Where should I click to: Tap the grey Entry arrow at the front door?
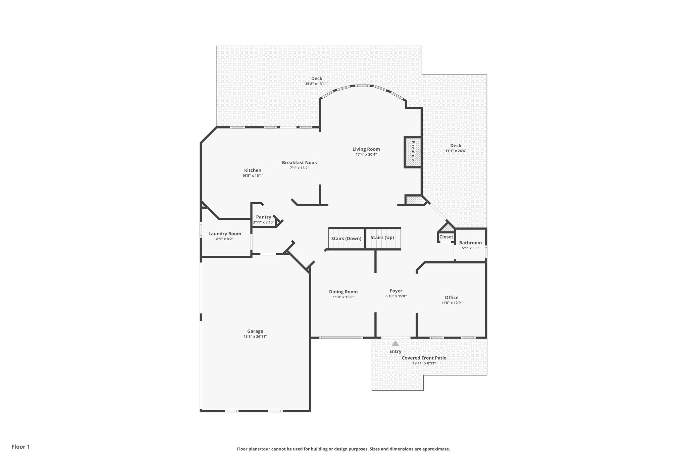(395, 344)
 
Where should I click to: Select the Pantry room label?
(263, 217)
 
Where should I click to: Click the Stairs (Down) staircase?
(346, 239)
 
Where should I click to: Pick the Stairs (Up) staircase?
(382, 238)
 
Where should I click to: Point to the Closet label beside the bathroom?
(446, 237)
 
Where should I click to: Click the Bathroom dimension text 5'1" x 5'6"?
(470, 248)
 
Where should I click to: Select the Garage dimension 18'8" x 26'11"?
(255, 337)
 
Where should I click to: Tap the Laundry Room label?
(225, 234)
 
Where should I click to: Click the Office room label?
(452, 297)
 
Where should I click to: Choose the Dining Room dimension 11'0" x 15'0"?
(343, 297)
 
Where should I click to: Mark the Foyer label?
(396, 291)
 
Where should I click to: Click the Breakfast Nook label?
(299, 163)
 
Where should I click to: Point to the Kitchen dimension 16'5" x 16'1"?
(253, 175)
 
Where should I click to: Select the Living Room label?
(366, 149)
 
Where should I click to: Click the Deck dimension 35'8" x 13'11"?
(316, 84)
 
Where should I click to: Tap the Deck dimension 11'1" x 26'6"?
(456, 151)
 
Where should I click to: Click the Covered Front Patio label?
(424, 358)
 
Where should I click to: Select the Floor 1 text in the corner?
(21, 447)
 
